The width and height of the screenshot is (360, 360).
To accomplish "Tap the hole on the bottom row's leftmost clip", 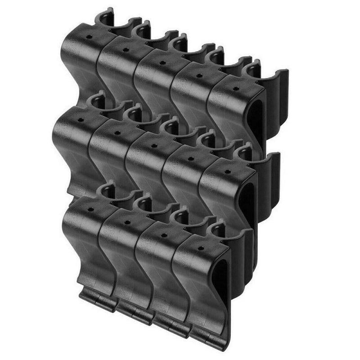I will click(x=91, y=210).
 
